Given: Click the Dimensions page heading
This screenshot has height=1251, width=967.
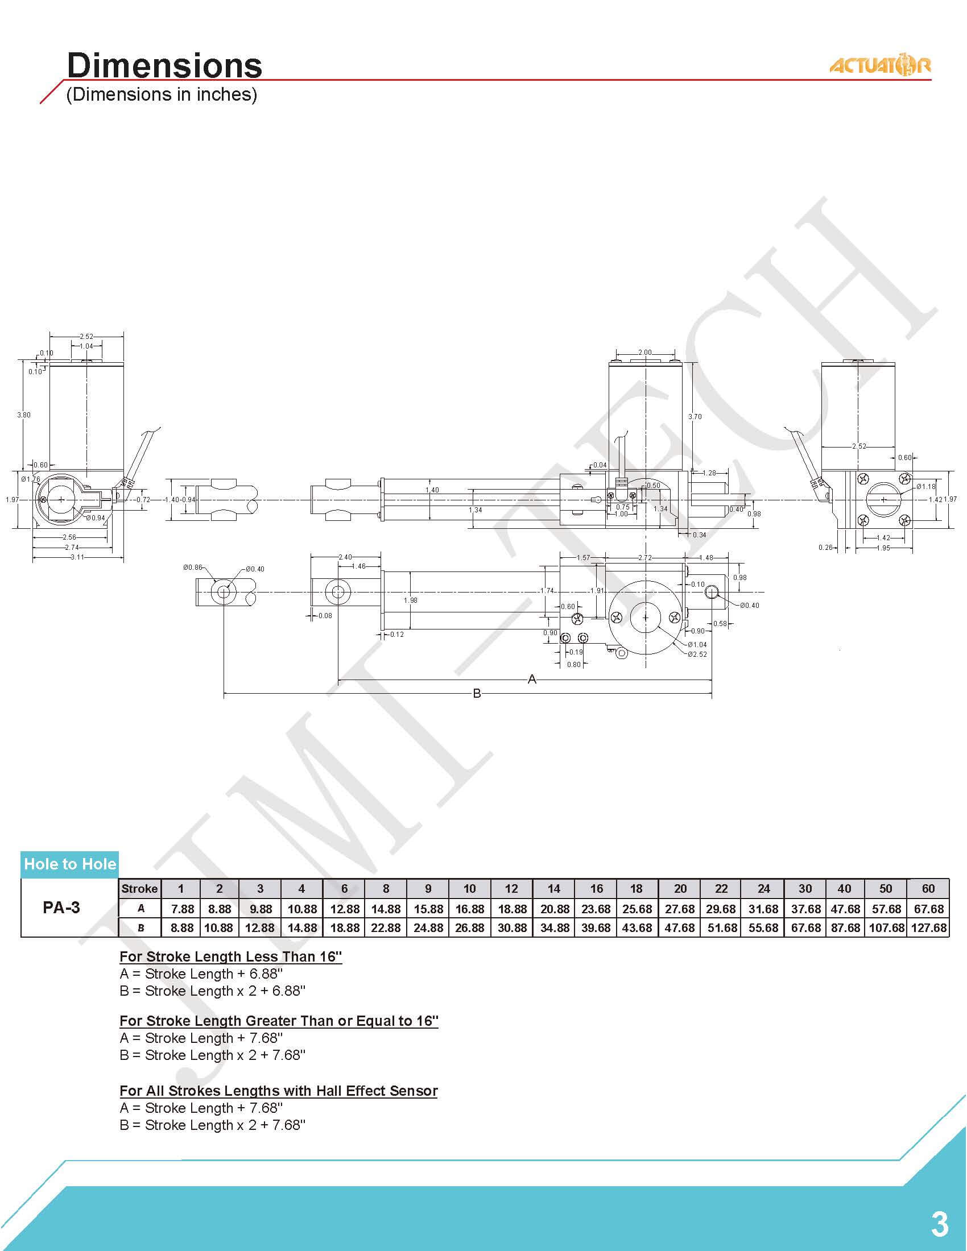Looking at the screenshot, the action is click(164, 65).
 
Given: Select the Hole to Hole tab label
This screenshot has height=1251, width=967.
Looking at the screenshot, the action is click(70, 864).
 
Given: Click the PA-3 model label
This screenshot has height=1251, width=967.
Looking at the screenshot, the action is click(61, 908).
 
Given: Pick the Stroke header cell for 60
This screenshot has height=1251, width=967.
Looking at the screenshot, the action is click(928, 888).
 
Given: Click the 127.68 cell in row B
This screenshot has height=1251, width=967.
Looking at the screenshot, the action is click(929, 927).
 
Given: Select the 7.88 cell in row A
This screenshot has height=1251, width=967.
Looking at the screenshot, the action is click(182, 909).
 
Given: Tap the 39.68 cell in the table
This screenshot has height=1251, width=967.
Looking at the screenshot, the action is click(596, 927).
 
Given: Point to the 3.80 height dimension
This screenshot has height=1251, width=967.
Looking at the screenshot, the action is click(23, 415).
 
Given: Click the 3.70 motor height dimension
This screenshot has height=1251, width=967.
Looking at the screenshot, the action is click(695, 416).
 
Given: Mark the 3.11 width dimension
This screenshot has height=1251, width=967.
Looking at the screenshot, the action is click(77, 557).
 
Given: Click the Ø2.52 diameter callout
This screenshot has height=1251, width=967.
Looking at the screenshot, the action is click(697, 654).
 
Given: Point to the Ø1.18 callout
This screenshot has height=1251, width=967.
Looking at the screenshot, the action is click(925, 486).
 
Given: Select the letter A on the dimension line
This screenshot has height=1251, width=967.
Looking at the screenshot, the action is click(532, 680).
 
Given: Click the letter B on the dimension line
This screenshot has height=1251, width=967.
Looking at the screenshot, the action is click(477, 694).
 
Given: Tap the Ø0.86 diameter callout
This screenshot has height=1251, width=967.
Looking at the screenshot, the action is click(193, 567).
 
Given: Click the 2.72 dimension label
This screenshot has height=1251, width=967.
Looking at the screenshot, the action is click(645, 557).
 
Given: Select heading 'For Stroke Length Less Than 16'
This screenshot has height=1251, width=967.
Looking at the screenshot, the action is click(231, 956).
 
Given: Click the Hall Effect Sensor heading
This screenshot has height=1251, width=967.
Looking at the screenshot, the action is click(278, 1091).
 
